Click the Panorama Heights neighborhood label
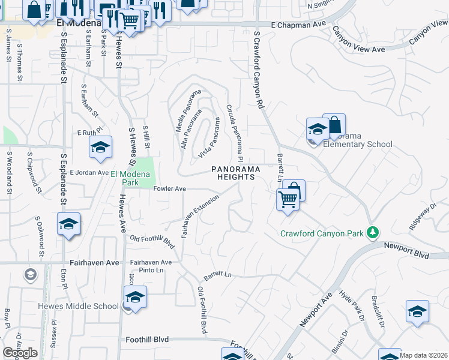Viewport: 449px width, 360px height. (x=235, y=173)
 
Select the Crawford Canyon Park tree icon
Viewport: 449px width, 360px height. (x=373, y=232)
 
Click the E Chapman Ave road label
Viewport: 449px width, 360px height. (x=298, y=25)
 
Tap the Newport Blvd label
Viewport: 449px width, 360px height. (x=407, y=251)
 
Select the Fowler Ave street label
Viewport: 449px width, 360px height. (x=170, y=188)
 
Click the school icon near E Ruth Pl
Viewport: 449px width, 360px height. (x=101, y=148)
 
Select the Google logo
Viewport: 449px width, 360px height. (x=20, y=353)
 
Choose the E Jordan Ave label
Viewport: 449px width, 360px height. (x=89, y=172)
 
